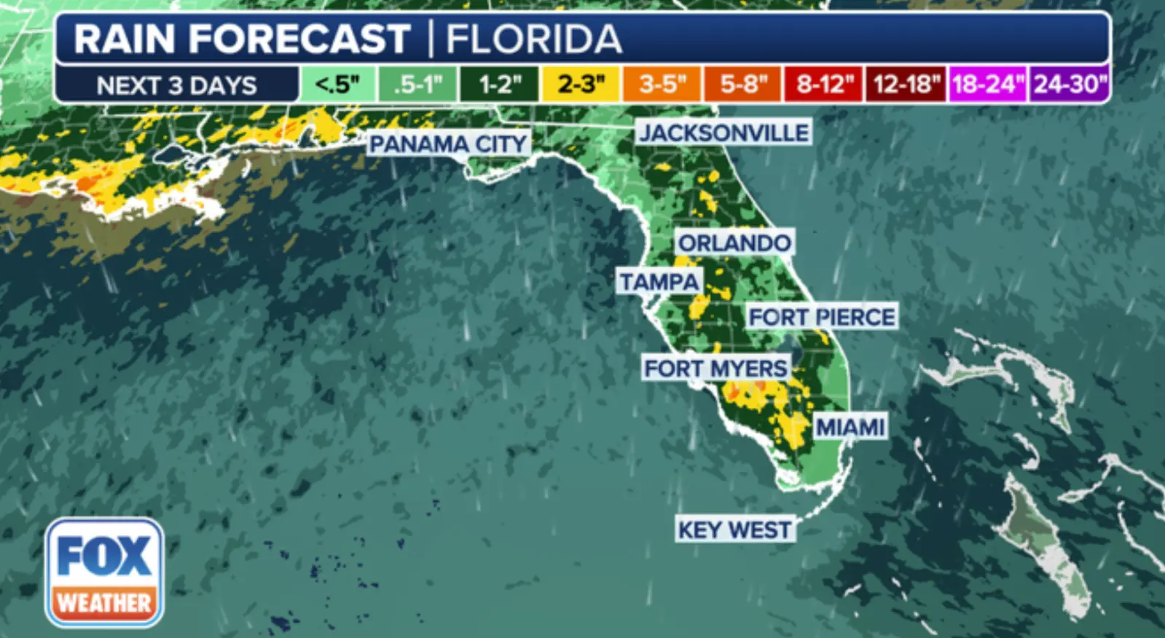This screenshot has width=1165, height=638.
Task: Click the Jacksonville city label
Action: click(724, 133)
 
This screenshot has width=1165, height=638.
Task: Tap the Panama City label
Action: click(447, 143)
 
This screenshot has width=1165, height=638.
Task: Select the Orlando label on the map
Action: click(734, 243)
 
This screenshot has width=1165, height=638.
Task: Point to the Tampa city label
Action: click(659, 281)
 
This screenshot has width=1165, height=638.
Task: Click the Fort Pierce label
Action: click(822, 317)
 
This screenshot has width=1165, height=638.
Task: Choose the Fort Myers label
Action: click(715, 368)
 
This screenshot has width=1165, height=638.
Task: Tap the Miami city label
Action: click(850, 427)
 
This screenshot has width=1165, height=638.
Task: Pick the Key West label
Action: click(734, 529)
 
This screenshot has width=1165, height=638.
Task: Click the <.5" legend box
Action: click(337, 84)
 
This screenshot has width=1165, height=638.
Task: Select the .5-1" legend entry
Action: click(418, 84)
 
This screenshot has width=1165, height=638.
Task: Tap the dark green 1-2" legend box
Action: click(499, 84)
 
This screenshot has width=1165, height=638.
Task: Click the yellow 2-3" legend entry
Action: click(580, 84)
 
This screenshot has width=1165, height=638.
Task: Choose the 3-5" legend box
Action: click(662, 84)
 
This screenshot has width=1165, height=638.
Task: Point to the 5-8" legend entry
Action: click(742, 84)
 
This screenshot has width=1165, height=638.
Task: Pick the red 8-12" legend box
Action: click(823, 84)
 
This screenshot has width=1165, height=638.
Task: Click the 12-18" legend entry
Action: click(905, 84)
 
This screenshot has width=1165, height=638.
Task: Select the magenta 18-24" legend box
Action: click(986, 84)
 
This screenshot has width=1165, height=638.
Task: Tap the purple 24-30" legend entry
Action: click(1069, 84)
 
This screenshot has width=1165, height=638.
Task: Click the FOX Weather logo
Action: click(104, 572)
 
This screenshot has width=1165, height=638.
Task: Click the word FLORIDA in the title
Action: click(533, 39)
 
